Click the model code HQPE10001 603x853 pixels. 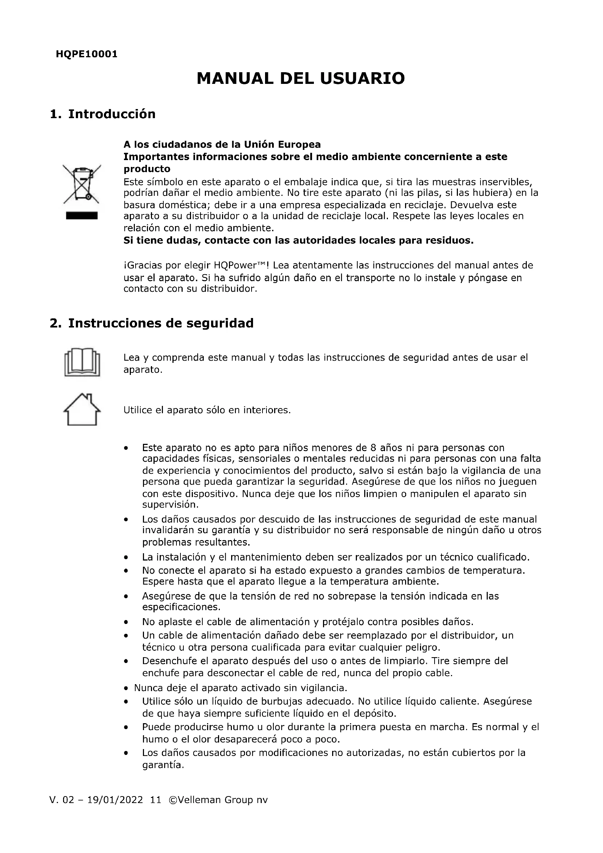tap(86, 54)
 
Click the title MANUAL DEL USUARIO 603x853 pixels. tap(301, 78)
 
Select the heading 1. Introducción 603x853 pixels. tap(102, 114)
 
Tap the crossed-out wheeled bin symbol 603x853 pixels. tap(82, 184)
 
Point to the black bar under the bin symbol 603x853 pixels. tap(82, 216)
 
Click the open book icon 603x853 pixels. tap(82, 362)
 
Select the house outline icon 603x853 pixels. tap(82, 410)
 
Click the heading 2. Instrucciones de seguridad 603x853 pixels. tap(152, 323)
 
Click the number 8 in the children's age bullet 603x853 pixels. tap(374, 448)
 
